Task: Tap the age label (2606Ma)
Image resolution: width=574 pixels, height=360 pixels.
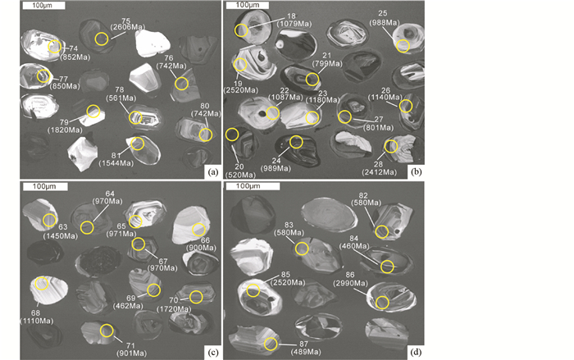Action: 128,27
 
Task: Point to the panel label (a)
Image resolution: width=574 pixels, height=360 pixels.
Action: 212,171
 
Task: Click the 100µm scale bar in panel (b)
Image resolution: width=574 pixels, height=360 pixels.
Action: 248,5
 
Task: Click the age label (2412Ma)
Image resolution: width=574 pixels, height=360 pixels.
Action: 379,171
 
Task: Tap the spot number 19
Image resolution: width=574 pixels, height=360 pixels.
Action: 238,84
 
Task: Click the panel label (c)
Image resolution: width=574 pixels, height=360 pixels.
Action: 212,353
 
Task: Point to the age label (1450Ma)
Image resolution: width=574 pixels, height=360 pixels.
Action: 61,236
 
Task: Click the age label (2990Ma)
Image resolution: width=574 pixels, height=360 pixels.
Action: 350,283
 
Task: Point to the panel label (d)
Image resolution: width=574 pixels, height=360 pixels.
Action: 416,353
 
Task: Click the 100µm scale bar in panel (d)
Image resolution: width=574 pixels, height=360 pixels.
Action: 253,186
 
